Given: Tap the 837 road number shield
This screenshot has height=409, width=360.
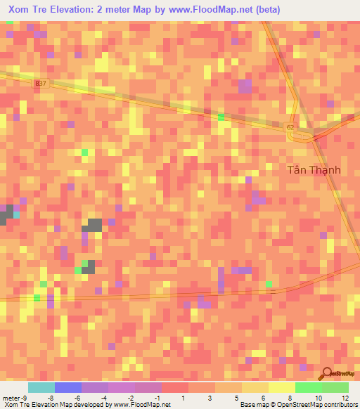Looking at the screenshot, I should tap(40, 83).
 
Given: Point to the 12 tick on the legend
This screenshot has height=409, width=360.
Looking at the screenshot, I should tap(344, 397).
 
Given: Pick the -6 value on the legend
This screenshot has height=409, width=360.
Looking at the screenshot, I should tap(78, 397).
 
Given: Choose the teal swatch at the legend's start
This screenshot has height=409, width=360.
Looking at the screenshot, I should tap(41, 387).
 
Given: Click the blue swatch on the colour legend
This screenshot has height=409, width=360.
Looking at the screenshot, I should tap(67, 387).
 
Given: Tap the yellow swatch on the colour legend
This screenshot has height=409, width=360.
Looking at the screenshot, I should tap(281, 387).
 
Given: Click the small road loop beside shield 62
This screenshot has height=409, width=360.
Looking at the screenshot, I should tap(301, 136).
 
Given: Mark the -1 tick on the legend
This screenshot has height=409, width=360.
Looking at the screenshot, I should tap(157, 397).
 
